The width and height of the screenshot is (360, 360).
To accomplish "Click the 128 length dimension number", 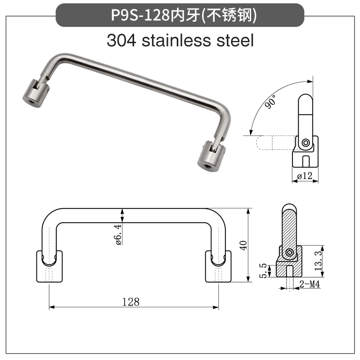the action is (131, 302).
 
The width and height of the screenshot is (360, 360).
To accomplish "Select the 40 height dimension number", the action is (243, 245).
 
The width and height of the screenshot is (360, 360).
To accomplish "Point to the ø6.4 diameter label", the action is (118, 234).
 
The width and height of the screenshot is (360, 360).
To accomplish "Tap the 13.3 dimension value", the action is (318, 261).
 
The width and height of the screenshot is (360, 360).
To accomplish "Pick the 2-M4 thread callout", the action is (310, 284).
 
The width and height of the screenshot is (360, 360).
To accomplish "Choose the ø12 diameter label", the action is (305, 176).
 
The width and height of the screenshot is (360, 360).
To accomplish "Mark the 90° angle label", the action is (270, 101).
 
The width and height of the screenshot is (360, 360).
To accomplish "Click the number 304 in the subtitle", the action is (121, 40).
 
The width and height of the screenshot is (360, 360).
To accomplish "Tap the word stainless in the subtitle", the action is (176, 40).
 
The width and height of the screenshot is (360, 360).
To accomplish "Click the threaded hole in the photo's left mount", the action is (31, 101).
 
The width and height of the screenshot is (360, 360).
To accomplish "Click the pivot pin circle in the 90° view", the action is (306, 143).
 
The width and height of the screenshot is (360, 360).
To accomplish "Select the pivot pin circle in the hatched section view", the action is (289, 252).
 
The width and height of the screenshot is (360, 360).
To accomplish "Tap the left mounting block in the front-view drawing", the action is (49, 266).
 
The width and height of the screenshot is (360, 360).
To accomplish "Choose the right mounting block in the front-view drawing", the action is (218, 266).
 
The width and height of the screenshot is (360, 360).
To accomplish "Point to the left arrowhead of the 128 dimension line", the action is (52, 307).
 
